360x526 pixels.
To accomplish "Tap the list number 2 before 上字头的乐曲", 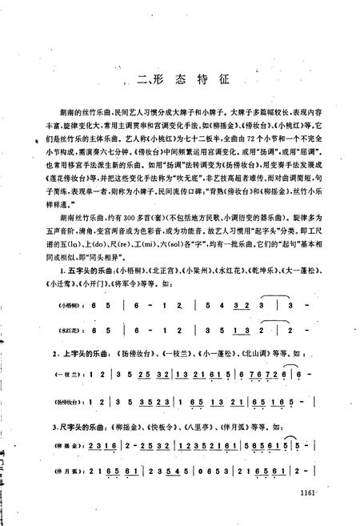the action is coord(51,352).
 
